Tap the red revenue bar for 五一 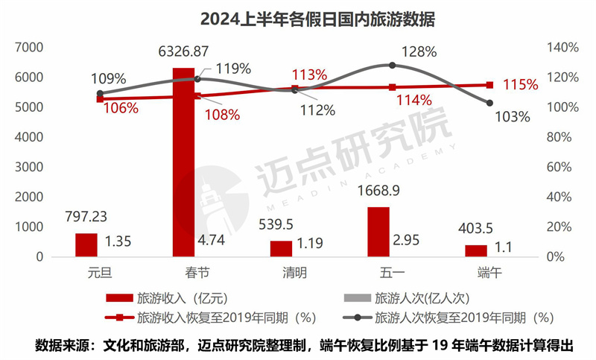click(x=378, y=232)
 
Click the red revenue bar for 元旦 click(x=86, y=244)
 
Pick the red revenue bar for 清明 click(x=281, y=248)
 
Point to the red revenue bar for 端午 click(x=475, y=250)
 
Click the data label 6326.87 click(x=184, y=53)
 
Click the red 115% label click(x=519, y=85)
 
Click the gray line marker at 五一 click(x=392, y=66)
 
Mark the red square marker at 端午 click(x=489, y=85)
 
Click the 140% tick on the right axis click(x=563, y=48)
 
